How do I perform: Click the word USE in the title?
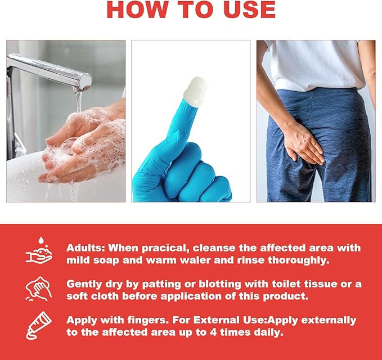click(x=250, y=10)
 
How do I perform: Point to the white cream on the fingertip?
click(x=195, y=92)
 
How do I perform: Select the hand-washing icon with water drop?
click(x=39, y=250)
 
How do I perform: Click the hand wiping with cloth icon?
click(x=38, y=289)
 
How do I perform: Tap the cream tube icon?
click(x=38, y=326)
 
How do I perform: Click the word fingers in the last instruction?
click(x=147, y=321)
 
